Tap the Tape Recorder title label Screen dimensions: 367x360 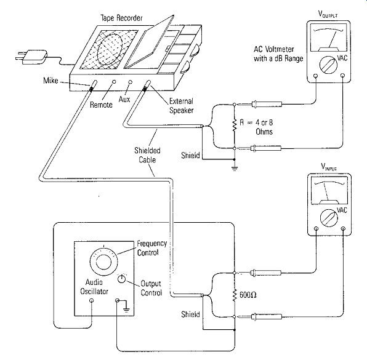[x=121, y=18]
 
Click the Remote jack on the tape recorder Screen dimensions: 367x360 [x=114, y=82]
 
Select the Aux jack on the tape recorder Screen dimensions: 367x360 [x=131, y=82]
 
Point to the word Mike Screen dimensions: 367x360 [x=50, y=81]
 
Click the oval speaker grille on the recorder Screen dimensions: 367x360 [x=110, y=50]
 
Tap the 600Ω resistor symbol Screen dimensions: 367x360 [x=234, y=295]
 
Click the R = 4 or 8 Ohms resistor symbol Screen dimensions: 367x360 [x=234, y=125]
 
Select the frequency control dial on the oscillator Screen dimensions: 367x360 [x=103, y=262]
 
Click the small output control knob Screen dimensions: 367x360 [x=121, y=279]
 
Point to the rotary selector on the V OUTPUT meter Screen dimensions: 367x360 [x=328, y=65]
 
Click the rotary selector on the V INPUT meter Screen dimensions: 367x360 [x=329, y=218]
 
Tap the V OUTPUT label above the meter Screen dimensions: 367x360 [x=328, y=14]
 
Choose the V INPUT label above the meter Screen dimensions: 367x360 [x=329, y=167]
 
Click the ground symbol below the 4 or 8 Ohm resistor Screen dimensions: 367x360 [x=235, y=169]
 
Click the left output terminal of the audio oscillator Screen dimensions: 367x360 [x=92, y=300]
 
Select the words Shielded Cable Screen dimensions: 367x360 [x=147, y=155]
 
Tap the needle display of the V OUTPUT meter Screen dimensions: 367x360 [x=328, y=38]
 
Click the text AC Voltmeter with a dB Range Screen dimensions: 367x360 [x=278, y=54]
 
